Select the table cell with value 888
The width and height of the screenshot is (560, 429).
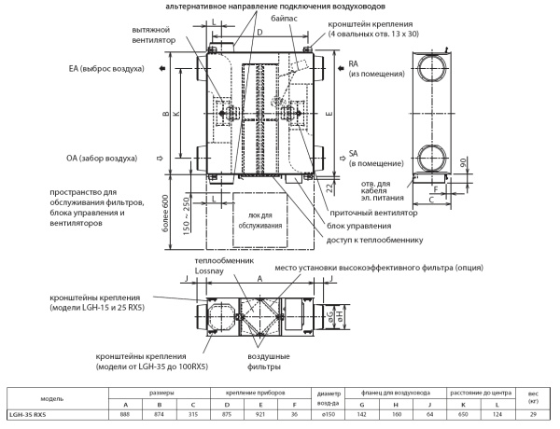point(124,414)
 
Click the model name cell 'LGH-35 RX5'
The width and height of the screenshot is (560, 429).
point(27,414)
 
